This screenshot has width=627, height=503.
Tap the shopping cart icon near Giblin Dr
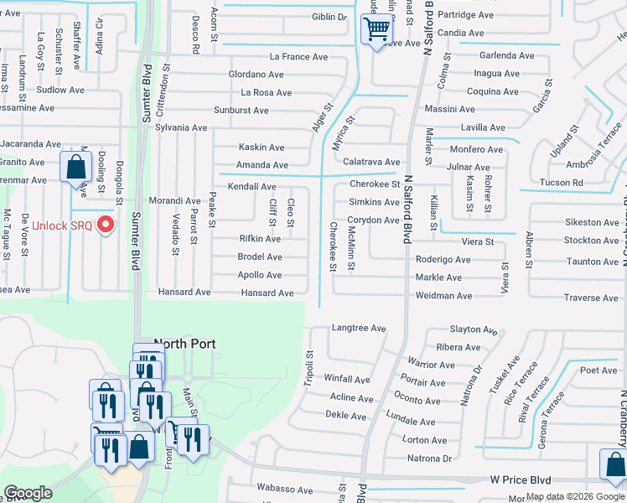tap(377, 31)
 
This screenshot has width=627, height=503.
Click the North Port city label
tap(184, 344)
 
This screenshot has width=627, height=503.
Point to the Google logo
tap(28, 493)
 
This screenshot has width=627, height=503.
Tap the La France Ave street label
tap(298, 57)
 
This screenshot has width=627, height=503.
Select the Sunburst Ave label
tap(241, 111)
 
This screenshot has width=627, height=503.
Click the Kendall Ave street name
tap(251, 186)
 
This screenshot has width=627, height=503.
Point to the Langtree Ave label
tap(358, 329)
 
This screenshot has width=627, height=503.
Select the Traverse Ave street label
tap(591, 298)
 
